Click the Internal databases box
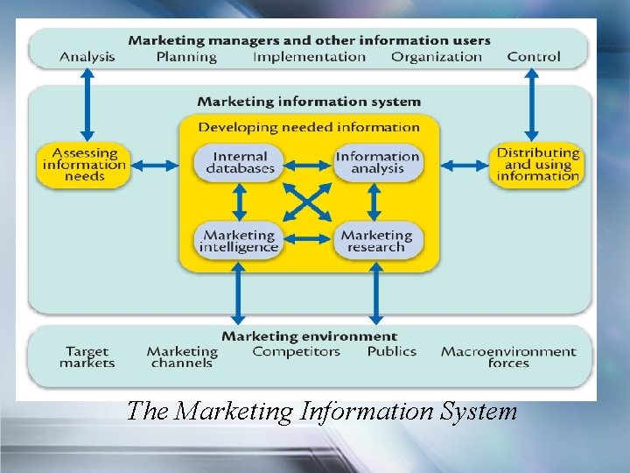click(239, 163)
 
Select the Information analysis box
click(378, 163)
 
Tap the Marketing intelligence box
click(239, 241)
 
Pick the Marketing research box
click(377, 241)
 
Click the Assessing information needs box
click(84, 165)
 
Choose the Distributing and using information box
click(537, 165)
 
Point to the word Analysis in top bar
click(87, 57)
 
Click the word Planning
click(186, 57)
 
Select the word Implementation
click(309, 57)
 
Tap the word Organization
click(437, 57)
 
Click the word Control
click(534, 57)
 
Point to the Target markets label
click(87, 357)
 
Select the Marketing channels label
click(182, 357)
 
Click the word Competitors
click(296, 352)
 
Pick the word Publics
click(392, 352)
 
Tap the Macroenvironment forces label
click(508, 357)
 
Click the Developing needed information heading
click(309, 127)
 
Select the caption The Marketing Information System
click(322, 411)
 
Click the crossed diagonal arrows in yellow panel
click(308, 202)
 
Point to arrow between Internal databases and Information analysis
click(308, 164)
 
